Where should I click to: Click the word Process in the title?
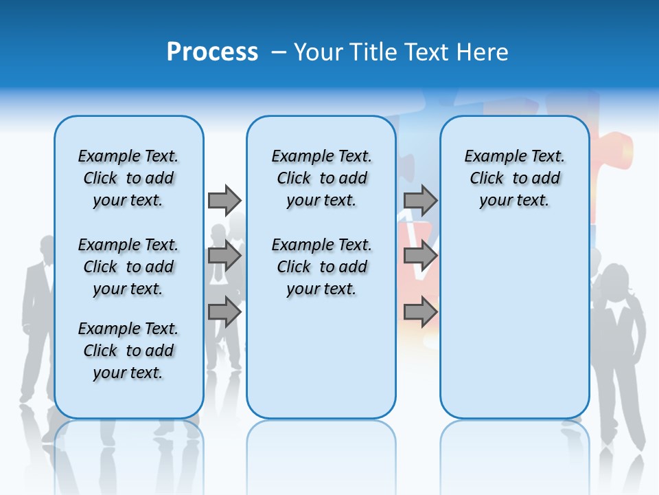tap(212, 52)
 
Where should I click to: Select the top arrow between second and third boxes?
tap(420, 200)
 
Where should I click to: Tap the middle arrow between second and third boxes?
tap(420, 256)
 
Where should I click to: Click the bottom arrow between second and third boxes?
tap(420, 312)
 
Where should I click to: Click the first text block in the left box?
tap(128, 178)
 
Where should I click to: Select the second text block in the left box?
tap(128, 267)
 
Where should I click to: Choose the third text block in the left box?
tap(128, 351)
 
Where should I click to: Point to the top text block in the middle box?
tap(321, 178)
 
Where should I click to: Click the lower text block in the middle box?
tap(321, 267)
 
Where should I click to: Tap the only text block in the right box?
tap(514, 178)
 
